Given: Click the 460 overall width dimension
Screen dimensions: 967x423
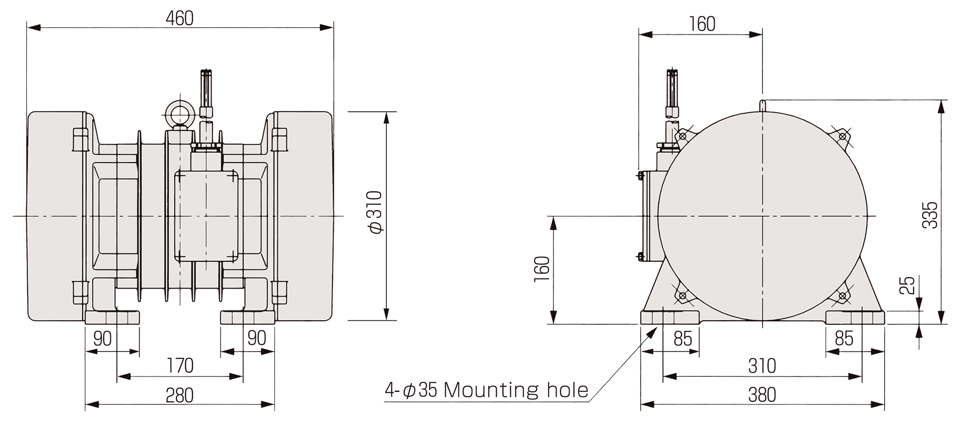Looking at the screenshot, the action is [180, 19].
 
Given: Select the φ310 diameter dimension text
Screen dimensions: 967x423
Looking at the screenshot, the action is [376, 212].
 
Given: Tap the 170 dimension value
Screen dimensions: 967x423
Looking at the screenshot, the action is [180, 366].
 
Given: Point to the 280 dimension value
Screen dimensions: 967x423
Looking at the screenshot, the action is [180, 395].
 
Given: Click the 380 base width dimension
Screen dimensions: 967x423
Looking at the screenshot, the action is [762, 395].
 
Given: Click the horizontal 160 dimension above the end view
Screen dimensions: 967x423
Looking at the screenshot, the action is [702, 24].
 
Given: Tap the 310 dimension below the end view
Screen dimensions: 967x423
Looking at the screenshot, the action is [762, 366].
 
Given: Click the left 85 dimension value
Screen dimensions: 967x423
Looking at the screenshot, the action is [683, 338].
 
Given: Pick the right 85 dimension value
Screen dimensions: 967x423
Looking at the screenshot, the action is [844, 338].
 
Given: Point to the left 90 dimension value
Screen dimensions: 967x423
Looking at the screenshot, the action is [103, 338].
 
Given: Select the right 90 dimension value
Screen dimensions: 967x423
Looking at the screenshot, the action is [257, 338].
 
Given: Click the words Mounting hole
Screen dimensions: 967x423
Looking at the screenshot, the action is [516, 390].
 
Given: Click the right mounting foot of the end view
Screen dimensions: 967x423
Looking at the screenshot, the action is [855, 318].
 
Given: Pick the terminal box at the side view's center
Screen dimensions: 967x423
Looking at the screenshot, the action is [206, 216].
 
